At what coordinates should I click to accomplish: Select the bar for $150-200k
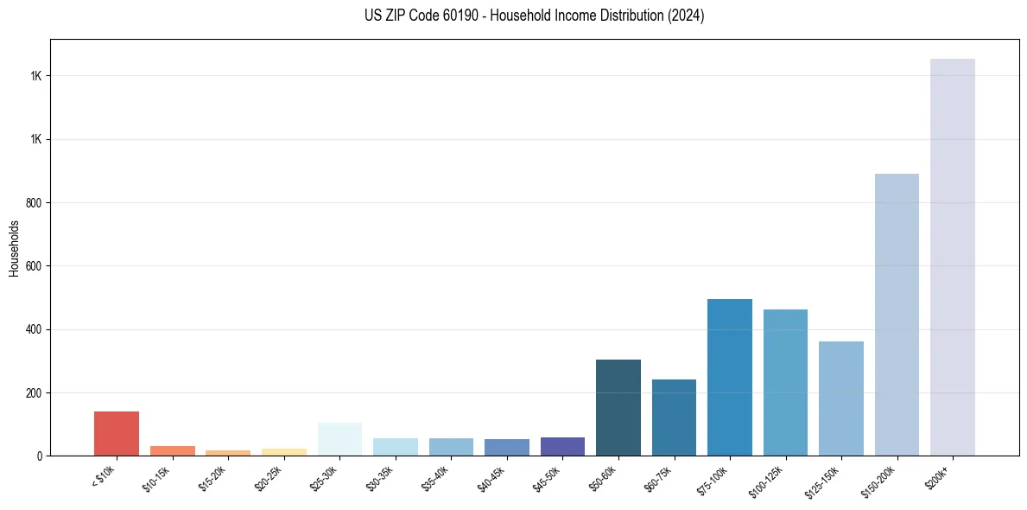[897, 315]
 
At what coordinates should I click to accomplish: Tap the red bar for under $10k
[117, 433]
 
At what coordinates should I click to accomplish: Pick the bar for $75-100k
[729, 377]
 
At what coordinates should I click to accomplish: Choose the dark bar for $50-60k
[618, 407]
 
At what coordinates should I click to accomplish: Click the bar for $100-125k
[785, 382]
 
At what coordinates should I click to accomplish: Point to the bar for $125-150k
[840, 398]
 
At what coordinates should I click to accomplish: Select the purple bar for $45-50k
[562, 446]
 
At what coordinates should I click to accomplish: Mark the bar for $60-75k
[674, 418]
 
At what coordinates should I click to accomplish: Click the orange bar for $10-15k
[173, 450]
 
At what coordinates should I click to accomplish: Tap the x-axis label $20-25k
[269, 478]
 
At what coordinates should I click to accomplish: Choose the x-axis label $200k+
[939, 476]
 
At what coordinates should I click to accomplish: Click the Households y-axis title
[15, 248]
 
